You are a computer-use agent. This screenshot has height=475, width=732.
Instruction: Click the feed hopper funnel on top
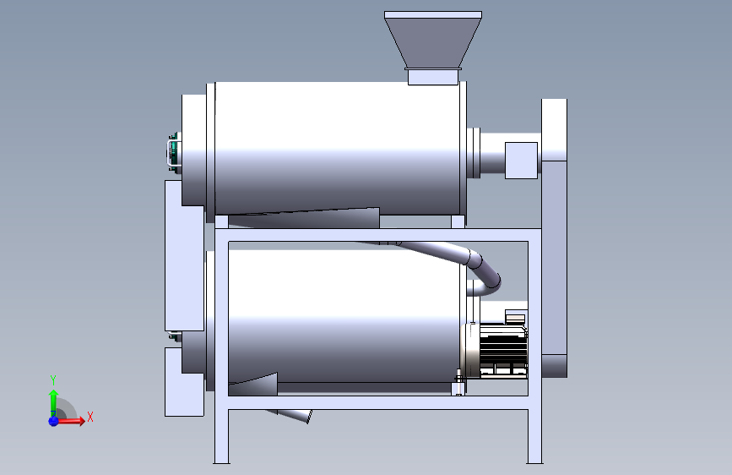433,40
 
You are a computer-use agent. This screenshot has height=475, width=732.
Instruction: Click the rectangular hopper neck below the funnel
433,77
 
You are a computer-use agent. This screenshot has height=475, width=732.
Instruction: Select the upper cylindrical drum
336,149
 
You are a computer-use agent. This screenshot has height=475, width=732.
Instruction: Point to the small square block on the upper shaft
521,161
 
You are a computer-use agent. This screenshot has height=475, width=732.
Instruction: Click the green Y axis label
53,379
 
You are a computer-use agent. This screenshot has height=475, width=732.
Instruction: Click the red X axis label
90,417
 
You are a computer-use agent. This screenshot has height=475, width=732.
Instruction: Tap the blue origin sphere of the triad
53,421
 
